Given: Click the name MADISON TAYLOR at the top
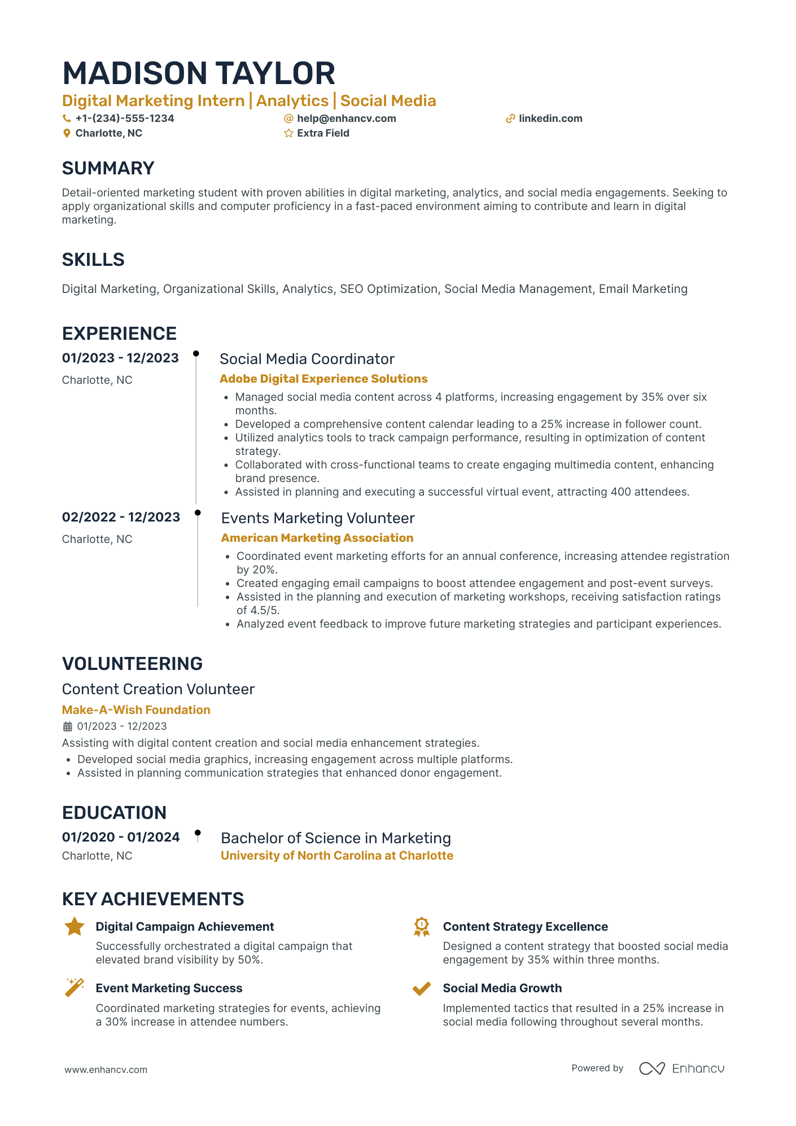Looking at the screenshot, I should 199,74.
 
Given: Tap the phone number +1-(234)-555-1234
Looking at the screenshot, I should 125,119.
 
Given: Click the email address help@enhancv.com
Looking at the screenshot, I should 346,119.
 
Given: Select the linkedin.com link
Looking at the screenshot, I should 550,119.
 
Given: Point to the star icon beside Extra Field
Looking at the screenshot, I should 288,133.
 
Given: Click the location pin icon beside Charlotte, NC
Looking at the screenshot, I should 67,133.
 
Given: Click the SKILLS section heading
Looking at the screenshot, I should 93,260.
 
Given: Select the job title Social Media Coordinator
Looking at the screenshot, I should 307,359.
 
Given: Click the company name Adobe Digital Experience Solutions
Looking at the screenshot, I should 323,379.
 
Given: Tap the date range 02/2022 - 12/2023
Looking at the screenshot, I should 121,517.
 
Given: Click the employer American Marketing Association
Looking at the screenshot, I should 317,538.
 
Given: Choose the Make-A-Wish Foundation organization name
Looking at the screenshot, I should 136,710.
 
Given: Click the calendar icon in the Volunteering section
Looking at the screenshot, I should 67,726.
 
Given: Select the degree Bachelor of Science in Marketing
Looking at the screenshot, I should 335,838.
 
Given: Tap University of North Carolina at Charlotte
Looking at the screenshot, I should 336,856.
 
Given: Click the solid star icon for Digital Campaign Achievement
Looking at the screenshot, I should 75,927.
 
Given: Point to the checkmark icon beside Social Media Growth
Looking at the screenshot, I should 421,988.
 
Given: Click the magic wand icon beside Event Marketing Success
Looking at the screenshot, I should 75,987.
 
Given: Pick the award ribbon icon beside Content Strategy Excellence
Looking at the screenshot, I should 421,927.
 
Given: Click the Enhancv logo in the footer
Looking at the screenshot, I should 681,1068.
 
